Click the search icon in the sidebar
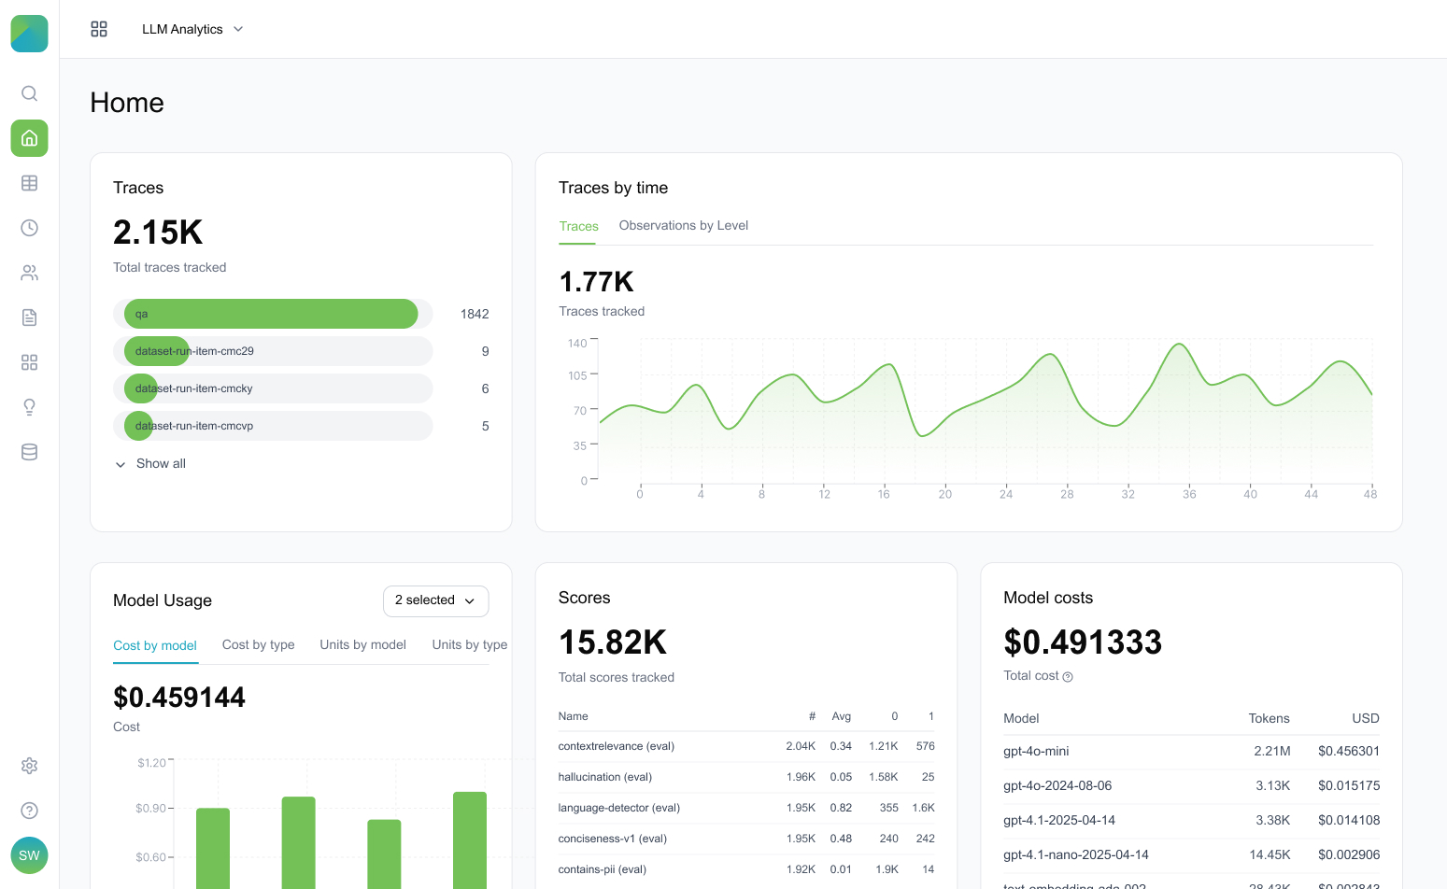pos(29,93)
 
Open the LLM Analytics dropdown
pos(192,29)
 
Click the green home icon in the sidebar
pos(29,138)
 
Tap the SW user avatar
pos(29,855)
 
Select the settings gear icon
pos(29,766)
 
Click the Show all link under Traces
pos(160,464)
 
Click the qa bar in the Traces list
pos(271,314)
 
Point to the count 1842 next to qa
pos(475,315)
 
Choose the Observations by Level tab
pos(683,226)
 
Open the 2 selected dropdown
pos(435,600)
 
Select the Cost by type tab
pos(258,645)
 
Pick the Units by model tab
pos(362,645)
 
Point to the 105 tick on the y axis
pos(577,376)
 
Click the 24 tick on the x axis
pos(1006,494)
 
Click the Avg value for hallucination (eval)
pos(841,777)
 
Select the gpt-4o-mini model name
pos(1036,752)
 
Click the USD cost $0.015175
pos(1348,786)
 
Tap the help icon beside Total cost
pos(1068,677)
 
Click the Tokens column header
pos(1269,719)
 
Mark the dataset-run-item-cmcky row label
pos(194,388)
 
